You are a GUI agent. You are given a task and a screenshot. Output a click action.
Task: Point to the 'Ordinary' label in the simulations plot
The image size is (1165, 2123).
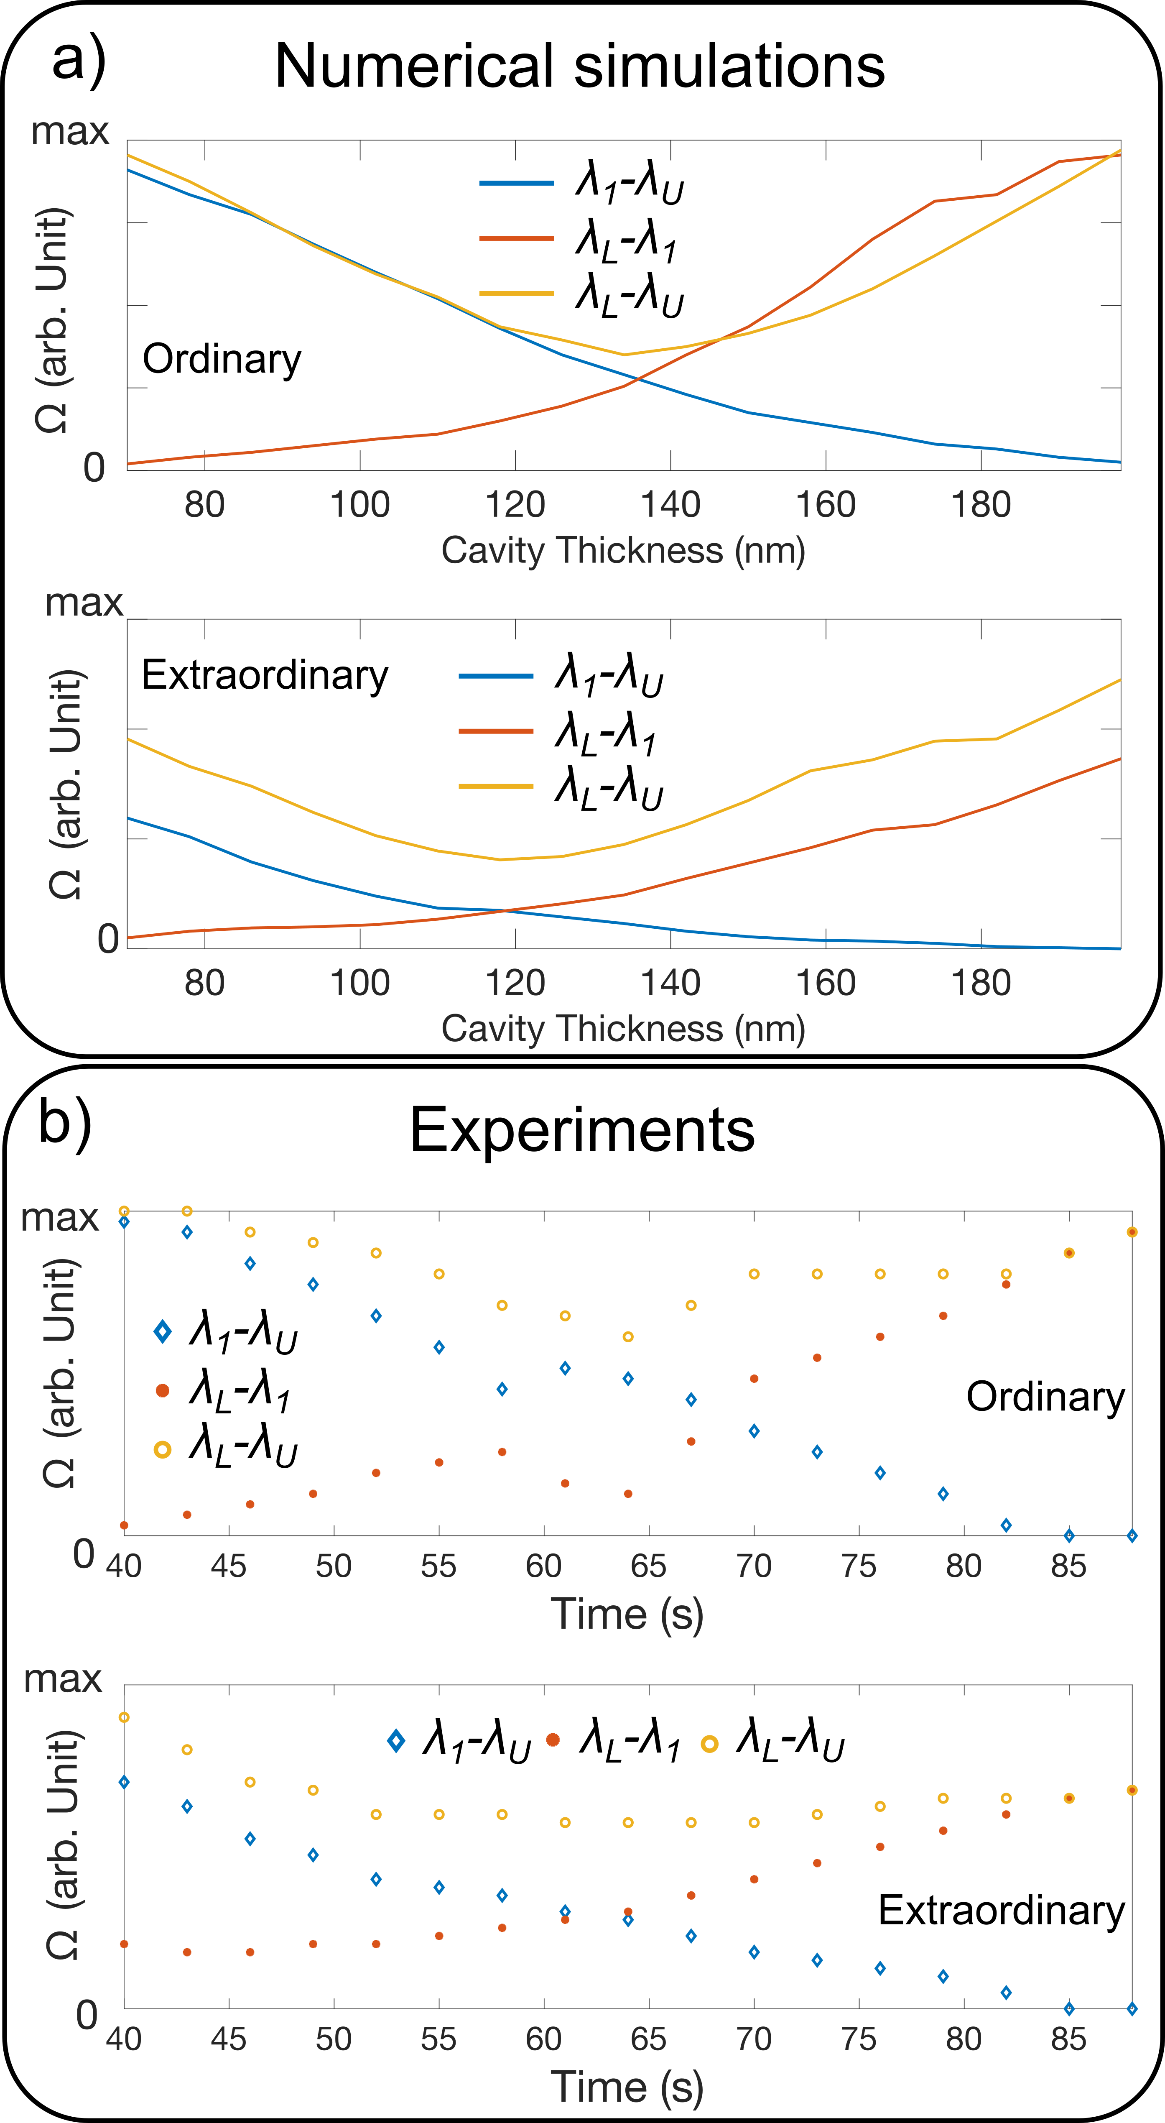click(x=222, y=359)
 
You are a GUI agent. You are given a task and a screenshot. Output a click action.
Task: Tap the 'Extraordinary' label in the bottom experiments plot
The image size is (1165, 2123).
click(x=1001, y=1911)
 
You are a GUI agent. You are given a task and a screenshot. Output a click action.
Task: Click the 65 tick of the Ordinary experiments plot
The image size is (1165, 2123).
click(x=648, y=1566)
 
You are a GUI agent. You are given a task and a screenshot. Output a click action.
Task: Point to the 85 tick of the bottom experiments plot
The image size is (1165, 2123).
click(x=1068, y=2039)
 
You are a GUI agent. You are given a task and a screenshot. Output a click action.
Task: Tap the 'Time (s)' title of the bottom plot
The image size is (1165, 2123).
click(x=626, y=2087)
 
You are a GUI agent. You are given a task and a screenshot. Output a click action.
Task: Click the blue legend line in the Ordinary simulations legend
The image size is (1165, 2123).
click(x=517, y=182)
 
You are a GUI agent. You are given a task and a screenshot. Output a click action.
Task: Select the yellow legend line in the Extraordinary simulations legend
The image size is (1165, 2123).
click(x=496, y=786)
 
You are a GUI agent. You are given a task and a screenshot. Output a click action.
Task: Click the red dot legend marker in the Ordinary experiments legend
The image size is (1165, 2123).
click(x=162, y=1390)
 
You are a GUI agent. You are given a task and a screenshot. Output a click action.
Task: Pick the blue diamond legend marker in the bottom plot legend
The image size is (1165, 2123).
click(x=396, y=1741)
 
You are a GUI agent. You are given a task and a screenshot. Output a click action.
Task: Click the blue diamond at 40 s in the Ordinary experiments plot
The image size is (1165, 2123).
click(x=125, y=1221)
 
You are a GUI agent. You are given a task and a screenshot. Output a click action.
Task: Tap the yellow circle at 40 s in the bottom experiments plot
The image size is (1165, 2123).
click(x=125, y=1717)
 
